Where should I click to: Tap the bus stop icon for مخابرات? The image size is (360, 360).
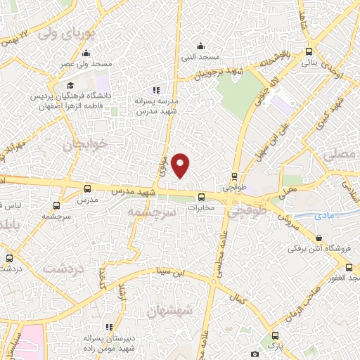(201, 197)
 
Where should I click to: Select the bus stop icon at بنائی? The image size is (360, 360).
(309, 52)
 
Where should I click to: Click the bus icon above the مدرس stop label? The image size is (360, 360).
(87, 188)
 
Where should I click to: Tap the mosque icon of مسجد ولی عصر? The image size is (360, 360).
(86, 54)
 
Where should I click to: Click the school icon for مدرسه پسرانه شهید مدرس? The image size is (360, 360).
(156, 90)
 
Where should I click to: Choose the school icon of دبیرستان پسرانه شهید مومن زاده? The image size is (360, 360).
(109, 327)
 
